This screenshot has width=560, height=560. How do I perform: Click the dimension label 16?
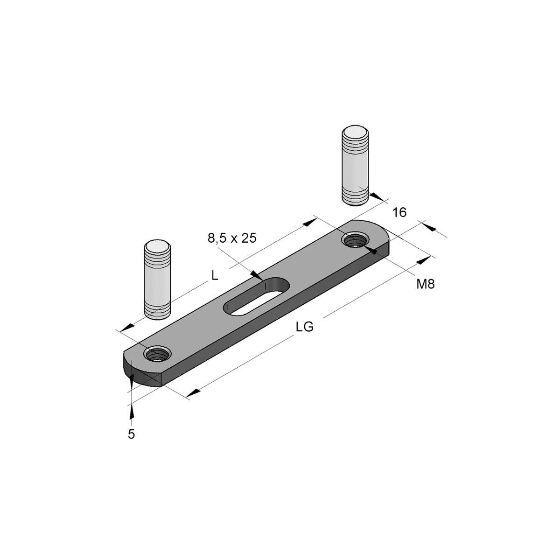pos(399,213)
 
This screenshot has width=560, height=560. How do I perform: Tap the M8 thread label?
pos(426,284)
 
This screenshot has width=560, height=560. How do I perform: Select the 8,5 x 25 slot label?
pos(232,238)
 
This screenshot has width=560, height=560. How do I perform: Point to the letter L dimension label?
pos(215,275)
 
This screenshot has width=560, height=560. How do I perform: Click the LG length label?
pos(305,327)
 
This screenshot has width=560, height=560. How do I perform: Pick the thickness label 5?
pos(131,434)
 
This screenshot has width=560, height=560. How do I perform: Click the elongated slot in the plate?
pos(256,296)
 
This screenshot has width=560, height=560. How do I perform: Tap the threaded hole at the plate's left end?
pos(157,354)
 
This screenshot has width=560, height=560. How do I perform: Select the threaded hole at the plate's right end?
pos(356,239)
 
